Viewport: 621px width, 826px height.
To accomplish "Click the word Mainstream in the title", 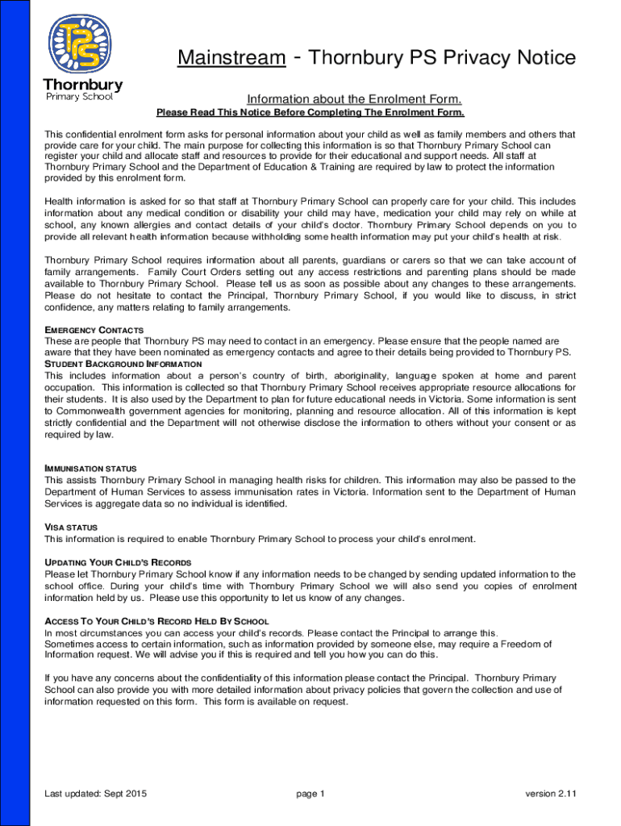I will [x=231, y=58].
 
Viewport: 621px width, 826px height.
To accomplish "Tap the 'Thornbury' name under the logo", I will [x=82, y=85].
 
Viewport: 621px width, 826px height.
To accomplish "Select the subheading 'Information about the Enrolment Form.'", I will [x=355, y=99].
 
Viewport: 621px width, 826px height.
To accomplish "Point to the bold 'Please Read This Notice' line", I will [x=310, y=113].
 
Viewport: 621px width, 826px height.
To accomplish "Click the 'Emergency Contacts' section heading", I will [x=94, y=330].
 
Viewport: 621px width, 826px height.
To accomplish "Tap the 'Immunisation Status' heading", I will [x=90, y=469].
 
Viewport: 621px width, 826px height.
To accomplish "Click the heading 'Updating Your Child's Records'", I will [x=118, y=562].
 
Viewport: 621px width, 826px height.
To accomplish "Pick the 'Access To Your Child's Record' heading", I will [x=156, y=621].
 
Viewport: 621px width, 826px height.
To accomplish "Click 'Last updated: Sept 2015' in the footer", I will [x=95, y=794].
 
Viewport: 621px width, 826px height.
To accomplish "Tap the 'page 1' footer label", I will [x=310, y=794].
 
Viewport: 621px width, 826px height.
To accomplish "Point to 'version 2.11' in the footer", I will [x=551, y=794].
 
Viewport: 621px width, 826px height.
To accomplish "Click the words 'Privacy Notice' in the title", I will [x=509, y=58].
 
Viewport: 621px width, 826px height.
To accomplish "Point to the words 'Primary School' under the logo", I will [x=79, y=97].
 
